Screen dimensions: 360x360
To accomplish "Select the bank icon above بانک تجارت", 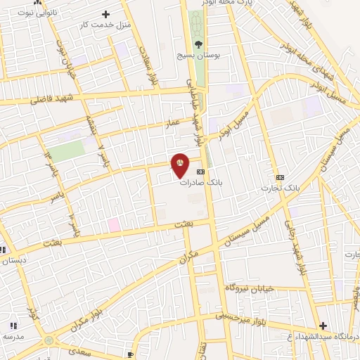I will (x=281, y=176).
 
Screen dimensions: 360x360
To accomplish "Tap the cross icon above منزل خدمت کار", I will (x=106, y=13).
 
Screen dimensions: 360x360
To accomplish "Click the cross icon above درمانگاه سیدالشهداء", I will (x=323, y=326).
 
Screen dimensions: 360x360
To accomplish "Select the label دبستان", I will (x=12, y=260).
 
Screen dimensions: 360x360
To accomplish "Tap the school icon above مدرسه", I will (x=13, y=325).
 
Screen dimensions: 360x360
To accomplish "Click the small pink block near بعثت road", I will (x=113, y=224).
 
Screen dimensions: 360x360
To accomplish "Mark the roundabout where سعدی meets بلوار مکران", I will (x=49, y=340).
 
